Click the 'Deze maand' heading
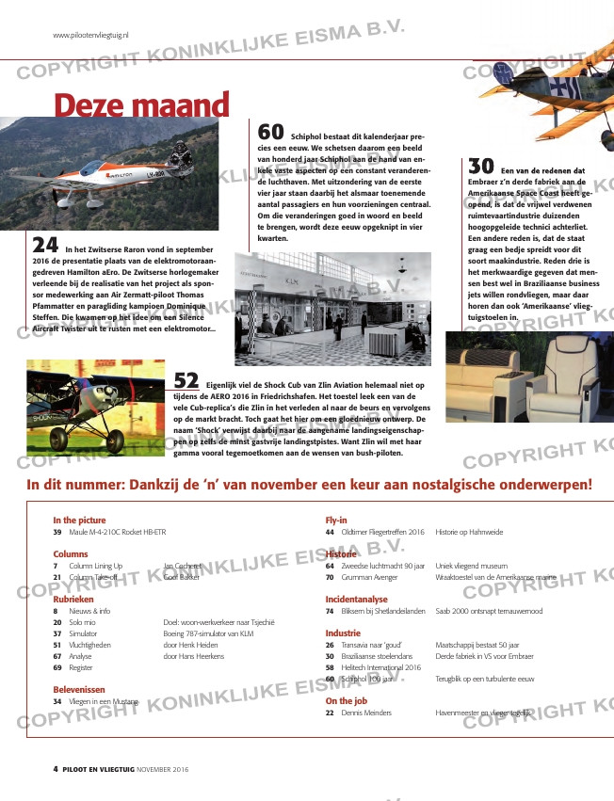(x=142, y=104)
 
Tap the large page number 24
(x=45, y=245)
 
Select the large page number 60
(x=271, y=134)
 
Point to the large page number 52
(x=186, y=380)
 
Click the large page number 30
(x=481, y=166)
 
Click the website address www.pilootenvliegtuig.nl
(x=90, y=35)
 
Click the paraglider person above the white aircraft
(x=181, y=150)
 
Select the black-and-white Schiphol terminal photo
(x=332, y=308)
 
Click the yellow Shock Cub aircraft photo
(x=95, y=407)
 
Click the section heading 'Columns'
(x=71, y=554)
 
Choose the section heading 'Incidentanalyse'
(x=356, y=599)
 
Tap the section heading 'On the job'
(x=346, y=700)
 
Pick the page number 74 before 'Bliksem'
(x=330, y=612)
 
